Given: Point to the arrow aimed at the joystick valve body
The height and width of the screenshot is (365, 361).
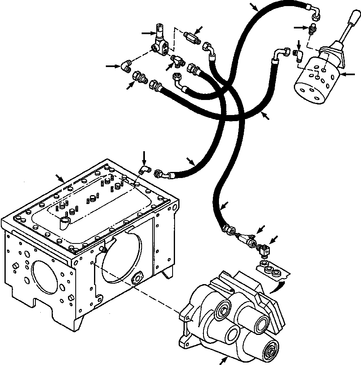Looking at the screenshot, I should coord(350,74).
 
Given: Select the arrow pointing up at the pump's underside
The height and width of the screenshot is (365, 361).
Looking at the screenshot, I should coord(223,360).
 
